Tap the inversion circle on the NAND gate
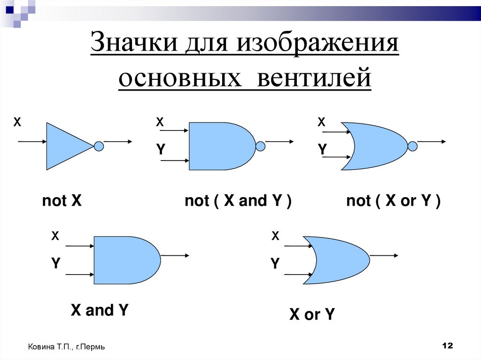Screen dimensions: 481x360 (260, 146)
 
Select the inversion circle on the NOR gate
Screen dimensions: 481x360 (412, 146)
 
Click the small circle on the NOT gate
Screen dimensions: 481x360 (99, 146)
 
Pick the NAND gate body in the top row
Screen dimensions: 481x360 (218, 146)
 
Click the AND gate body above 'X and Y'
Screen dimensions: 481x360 (124, 260)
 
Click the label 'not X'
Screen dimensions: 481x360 (62, 201)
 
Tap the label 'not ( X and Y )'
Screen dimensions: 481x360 (238, 201)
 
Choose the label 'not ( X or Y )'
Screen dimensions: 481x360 (393, 201)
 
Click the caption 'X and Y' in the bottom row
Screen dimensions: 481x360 (99, 310)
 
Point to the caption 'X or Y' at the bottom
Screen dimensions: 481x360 (311, 314)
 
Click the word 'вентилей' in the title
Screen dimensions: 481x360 (313, 77)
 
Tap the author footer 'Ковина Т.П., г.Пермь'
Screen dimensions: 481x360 (66, 347)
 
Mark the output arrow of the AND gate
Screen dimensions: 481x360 (175, 255)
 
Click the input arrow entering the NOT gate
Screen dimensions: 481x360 (32, 141)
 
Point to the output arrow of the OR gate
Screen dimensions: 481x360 (385, 255)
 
